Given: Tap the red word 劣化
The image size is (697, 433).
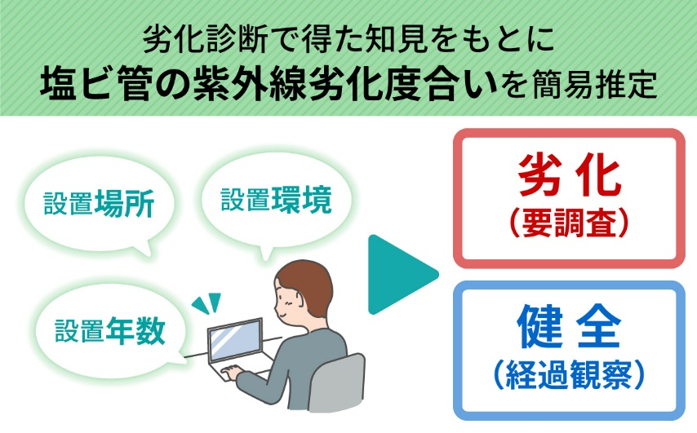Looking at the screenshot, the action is click(570, 175).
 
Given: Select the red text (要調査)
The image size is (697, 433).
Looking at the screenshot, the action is click(570, 223).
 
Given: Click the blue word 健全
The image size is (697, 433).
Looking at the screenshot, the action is click(570, 326).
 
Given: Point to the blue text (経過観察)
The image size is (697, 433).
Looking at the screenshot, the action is click(570, 375).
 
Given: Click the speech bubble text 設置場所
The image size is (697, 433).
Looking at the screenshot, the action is click(99, 204).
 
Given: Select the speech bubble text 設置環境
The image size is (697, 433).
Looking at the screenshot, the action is click(276, 200).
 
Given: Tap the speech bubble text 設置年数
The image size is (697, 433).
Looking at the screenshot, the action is click(110, 331).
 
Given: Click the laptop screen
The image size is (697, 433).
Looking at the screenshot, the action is click(235, 339).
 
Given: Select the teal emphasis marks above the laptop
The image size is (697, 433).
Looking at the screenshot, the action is click(206, 303).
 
